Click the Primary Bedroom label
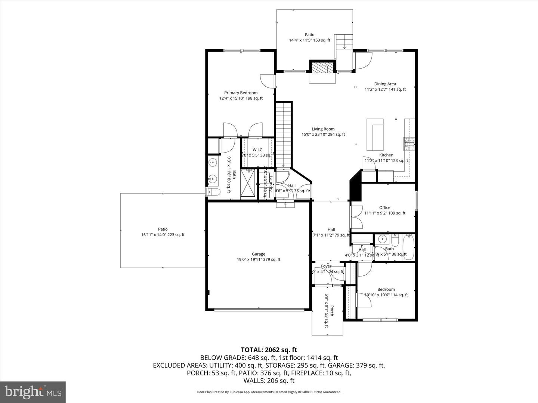241,93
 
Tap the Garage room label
258,254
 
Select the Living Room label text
323,129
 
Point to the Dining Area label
385,84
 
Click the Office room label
384,207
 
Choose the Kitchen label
386,155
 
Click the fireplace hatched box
322,68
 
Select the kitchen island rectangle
375,134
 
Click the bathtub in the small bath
409,246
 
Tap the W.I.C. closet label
258,150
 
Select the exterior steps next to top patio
344,41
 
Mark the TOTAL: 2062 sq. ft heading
269,350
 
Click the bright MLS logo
33,392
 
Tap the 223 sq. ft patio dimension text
163,235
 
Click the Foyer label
326,266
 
